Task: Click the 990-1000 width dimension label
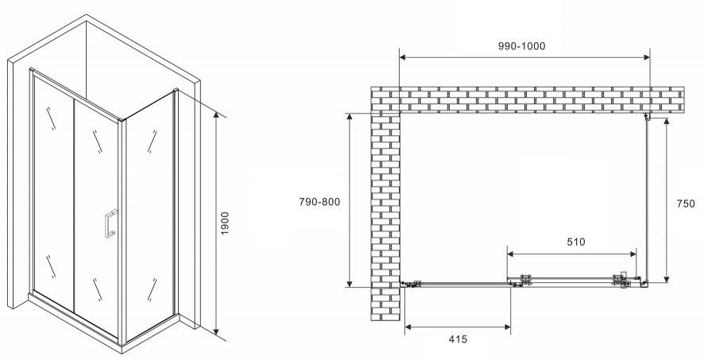(522, 46)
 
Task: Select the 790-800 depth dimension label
(319, 202)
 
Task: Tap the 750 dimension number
(686, 203)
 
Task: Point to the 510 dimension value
(576, 242)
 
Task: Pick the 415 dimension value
(458, 339)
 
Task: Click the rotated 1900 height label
(225, 223)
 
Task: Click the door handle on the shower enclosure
(110, 223)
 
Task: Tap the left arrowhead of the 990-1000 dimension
(402, 57)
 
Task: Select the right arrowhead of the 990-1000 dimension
(647, 57)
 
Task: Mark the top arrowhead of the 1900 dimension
(216, 115)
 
